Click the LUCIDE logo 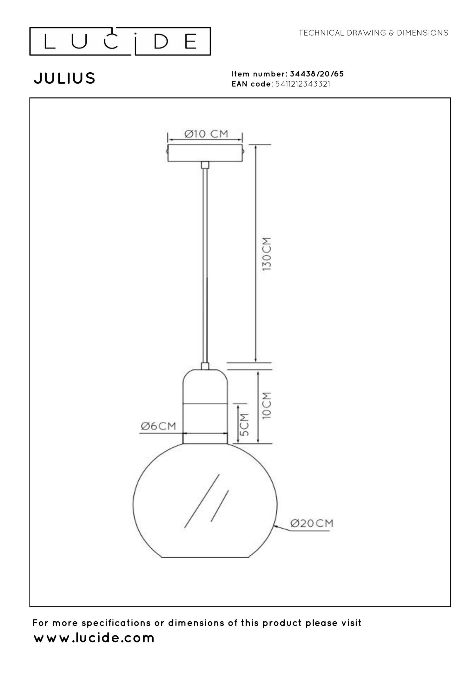click(120, 42)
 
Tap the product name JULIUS click(64, 78)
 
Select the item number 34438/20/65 click(317, 74)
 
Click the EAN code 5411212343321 click(303, 84)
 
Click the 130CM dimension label click(267, 254)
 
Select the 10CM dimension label click(267, 406)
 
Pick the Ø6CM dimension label click(158, 426)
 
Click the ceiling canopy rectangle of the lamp click(205, 153)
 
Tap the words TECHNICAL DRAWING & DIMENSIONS click(373, 33)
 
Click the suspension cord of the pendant click(205, 263)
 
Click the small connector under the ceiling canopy click(205, 165)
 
